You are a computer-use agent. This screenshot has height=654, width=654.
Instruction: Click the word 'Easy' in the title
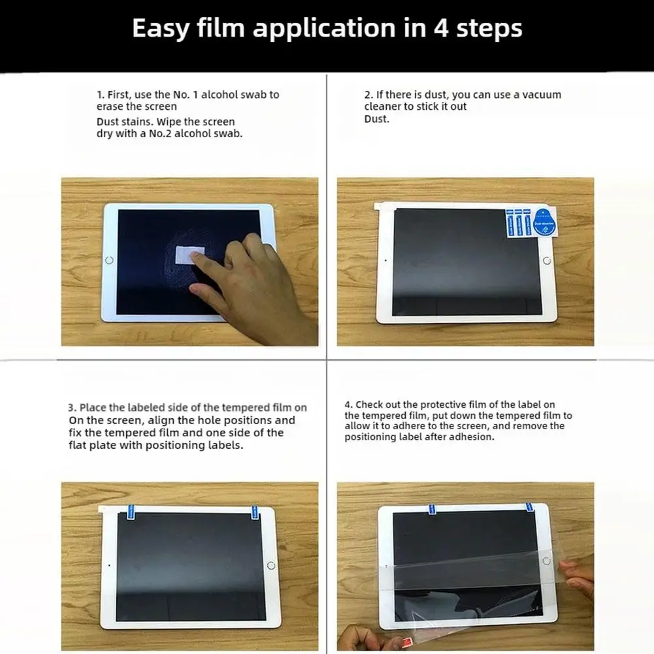[161, 28]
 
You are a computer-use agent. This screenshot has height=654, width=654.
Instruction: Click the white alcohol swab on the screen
[190, 255]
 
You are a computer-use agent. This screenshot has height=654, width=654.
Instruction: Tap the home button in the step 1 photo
[109, 260]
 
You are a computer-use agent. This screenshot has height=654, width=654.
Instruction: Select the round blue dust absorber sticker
[544, 221]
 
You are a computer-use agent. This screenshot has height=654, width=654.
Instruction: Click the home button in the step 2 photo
[547, 261]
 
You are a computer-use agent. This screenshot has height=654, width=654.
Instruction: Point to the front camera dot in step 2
[385, 261]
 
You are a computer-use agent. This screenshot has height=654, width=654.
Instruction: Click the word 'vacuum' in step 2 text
[542, 95]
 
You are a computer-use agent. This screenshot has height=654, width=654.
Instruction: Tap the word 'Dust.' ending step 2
[376, 119]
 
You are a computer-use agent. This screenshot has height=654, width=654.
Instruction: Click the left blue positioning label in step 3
[131, 512]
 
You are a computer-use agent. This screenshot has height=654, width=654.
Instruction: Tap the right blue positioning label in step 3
[254, 512]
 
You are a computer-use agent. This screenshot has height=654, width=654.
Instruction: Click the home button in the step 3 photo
[270, 566]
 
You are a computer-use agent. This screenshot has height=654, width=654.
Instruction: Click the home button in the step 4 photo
[546, 561]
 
